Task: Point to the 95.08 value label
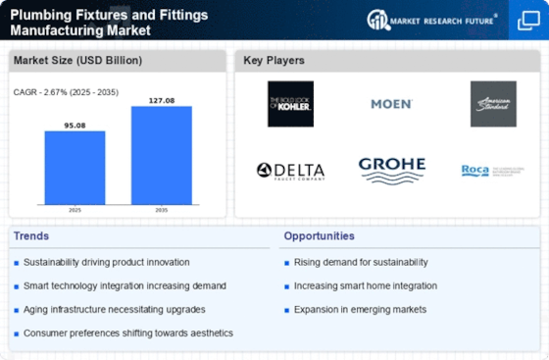[75, 125]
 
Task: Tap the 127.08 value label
[161, 99]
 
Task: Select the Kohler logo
[290, 103]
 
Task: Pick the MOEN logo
[390, 103]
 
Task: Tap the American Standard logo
[492, 103]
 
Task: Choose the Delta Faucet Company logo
[290, 170]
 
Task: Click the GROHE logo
[391, 169]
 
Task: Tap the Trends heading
[31, 235]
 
